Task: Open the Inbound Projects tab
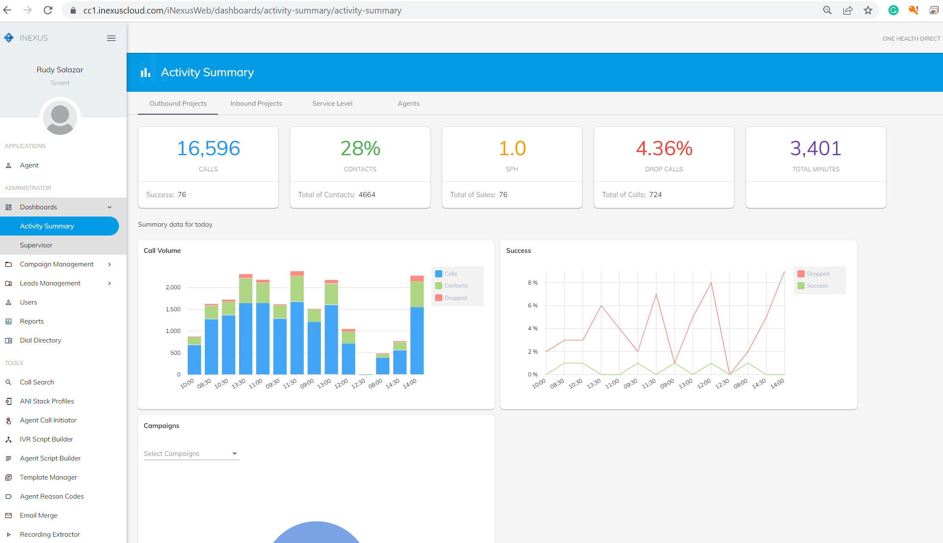click(256, 103)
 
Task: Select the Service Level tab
click(332, 103)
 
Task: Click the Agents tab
click(408, 103)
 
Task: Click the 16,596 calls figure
click(208, 148)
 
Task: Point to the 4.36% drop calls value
click(664, 148)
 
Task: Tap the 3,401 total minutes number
click(816, 148)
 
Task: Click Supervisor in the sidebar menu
click(36, 245)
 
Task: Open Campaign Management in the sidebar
click(57, 264)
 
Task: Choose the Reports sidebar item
click(32, 321)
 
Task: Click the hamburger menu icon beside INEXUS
click(111, 38)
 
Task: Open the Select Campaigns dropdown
click(191, 453)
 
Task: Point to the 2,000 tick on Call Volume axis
click(173, 287)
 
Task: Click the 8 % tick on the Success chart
click(532, 282)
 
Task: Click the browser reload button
click(48, 10)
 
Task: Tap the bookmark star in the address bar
click(868, 10)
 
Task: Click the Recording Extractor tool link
click(50, 534)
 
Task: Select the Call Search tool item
click(37, 382)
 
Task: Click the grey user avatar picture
click(60, 118)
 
